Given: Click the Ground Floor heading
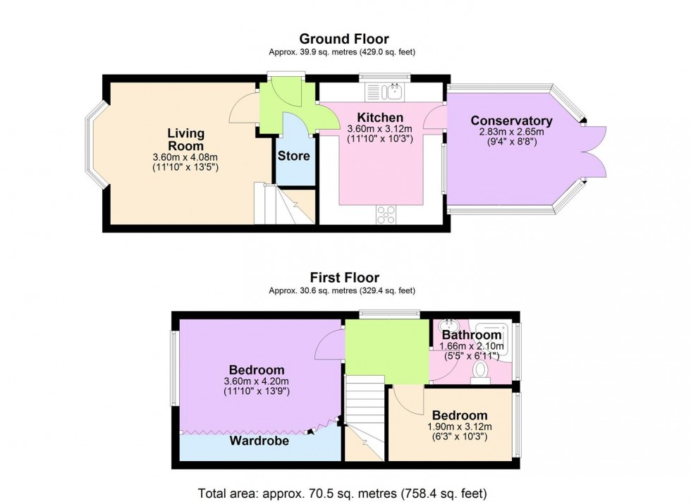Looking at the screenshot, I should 343,39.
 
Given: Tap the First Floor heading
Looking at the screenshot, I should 343,278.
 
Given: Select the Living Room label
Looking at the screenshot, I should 185,139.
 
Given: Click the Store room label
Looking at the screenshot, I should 293,156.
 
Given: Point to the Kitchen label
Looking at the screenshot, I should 379,117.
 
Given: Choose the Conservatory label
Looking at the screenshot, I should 511,121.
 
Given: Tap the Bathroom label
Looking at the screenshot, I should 472,335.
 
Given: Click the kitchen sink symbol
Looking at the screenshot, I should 384,91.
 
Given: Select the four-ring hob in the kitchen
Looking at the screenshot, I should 386,214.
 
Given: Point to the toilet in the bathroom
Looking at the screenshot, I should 482,370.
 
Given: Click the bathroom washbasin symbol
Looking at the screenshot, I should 446,326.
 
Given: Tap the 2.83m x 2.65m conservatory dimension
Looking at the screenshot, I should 511,133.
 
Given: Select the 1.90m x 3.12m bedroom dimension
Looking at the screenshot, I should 459,427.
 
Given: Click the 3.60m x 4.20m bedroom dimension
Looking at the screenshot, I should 256,381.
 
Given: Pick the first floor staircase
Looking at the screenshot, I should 364,416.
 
